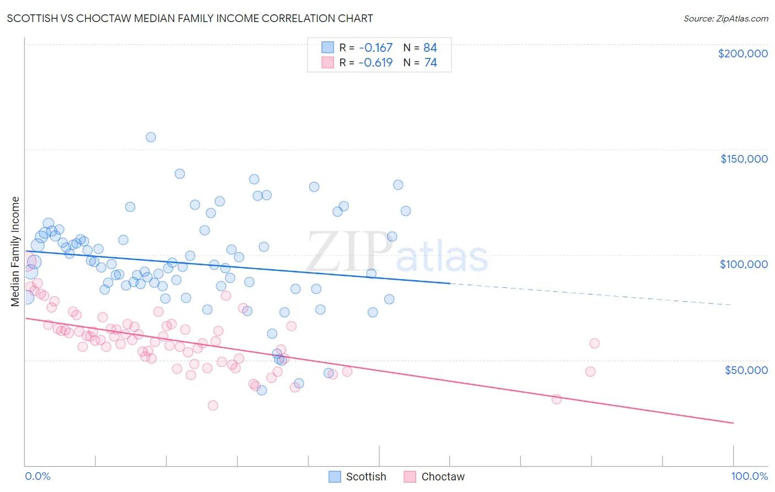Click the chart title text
(190, 18)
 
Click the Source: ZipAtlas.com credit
(725, 18)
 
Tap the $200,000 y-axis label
(742, 54)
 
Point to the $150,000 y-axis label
(744, 159)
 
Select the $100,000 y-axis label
(744, 264)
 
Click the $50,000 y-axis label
(746, 370)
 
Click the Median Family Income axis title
(15, 252)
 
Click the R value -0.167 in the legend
(375, 47)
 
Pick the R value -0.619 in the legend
(375, 62)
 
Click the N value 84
(430, 47)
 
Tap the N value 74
(430, 62)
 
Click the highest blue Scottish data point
(150, 137)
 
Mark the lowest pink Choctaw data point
(213, 405)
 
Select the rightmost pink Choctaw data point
(594, 343)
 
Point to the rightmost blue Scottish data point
(406, 211)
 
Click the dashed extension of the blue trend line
(590, 294)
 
